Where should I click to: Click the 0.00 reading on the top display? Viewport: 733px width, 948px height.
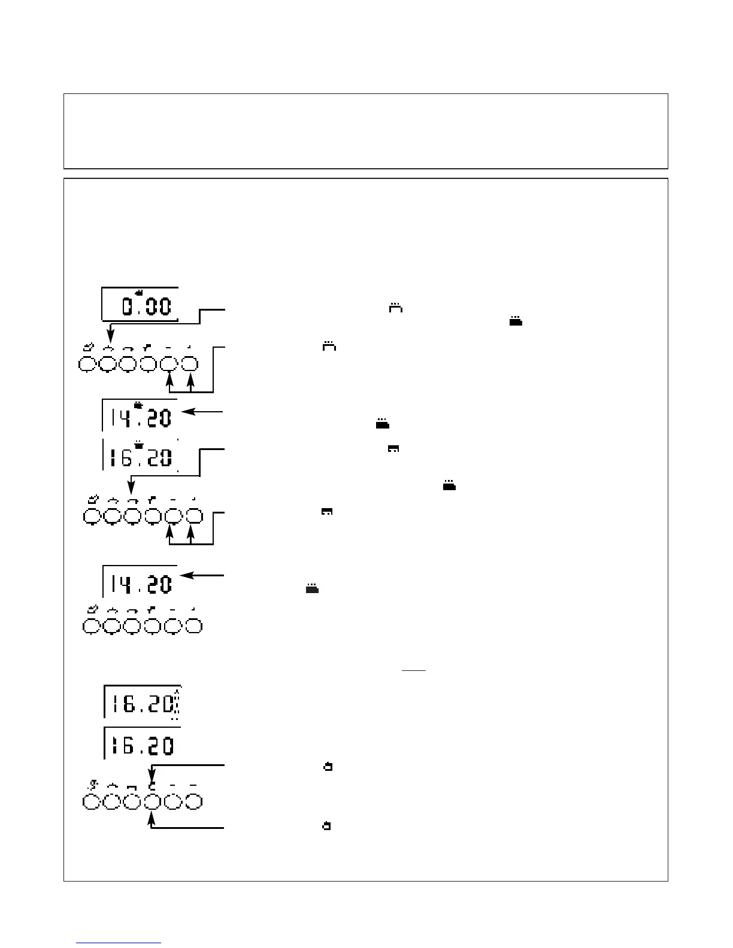pyautogui.click(x=147, y=307)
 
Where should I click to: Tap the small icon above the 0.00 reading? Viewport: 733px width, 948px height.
pyautogui.click(x=140, y=292)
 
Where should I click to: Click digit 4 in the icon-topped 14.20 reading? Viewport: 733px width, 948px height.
pyautogui.click(x=125, y=418)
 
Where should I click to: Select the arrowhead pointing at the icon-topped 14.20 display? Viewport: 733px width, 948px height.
pyautogui.click(x=185, y=412)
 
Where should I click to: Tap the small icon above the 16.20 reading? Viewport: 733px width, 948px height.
pyautogui.click(x=138, y=445)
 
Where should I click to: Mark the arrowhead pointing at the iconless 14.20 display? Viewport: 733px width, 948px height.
pyautogui.click(x=185, y=575)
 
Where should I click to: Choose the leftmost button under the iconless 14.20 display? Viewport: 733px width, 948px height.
pyautogui.click(x=90, y=626)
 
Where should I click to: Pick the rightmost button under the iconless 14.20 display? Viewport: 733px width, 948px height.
pyautogui.click(x=194, y=626)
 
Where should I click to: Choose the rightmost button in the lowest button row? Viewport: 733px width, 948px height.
pyautogui.click(x=193, y=802)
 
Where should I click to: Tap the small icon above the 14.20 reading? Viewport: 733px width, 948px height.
pyautogui.click(x=139, y=406)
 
